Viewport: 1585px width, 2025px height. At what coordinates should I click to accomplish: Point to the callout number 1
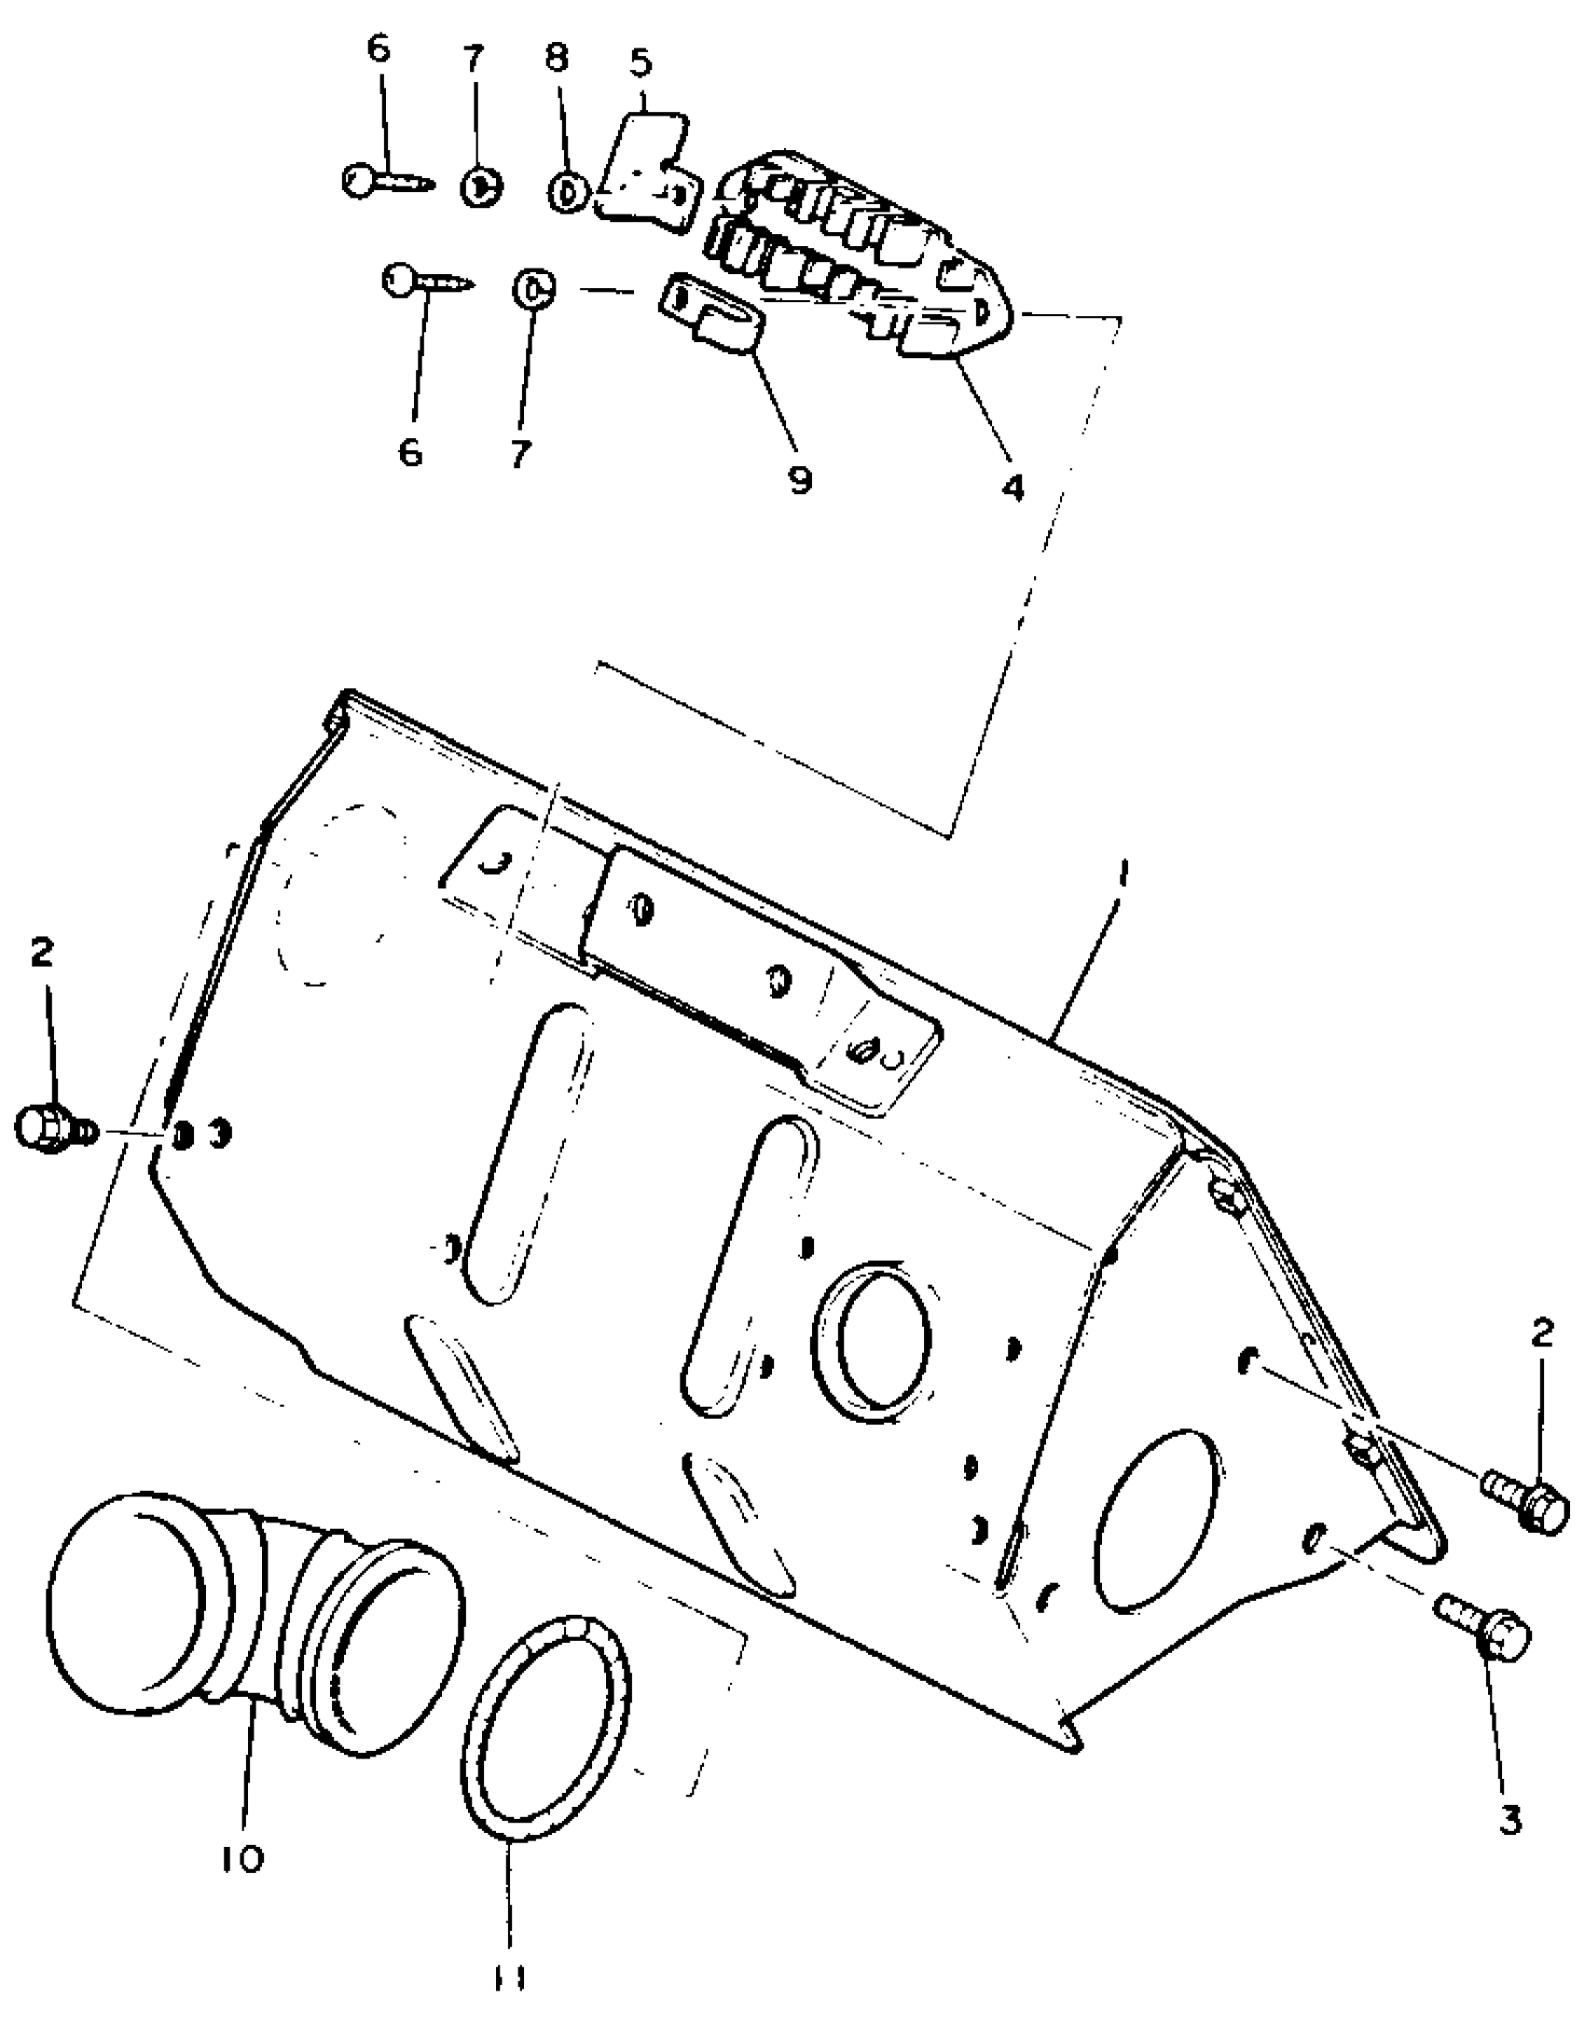coord(1123,874)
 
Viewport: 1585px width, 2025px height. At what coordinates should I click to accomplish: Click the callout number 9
coord(800,479)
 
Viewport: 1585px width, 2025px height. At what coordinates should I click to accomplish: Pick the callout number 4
coord(1013,486)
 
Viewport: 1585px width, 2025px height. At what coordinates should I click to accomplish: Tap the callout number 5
coord(641,63)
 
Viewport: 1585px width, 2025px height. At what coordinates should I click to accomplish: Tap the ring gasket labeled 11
coord(546,1714)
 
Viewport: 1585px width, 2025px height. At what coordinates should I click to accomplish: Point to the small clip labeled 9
coord(713,314)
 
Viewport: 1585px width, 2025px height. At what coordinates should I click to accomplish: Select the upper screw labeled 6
coord(385,179)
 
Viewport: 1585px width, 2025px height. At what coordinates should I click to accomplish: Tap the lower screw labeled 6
coord(425,280)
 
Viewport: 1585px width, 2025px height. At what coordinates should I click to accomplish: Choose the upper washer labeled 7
coord(481,186)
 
